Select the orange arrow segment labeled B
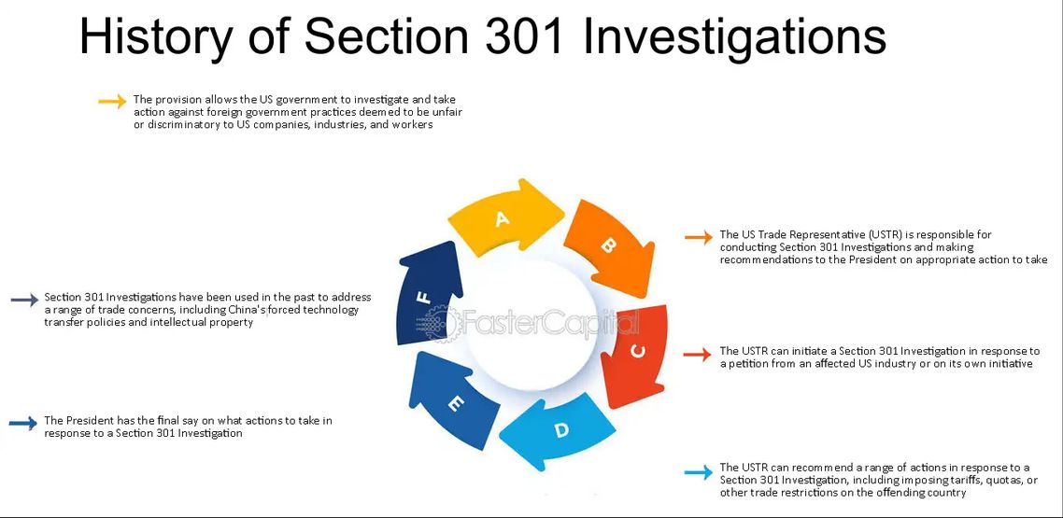[x=609, y=245]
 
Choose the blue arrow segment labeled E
[x=453, y=401]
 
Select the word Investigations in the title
[x=734, y=37]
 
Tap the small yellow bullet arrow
[x=112, y=102]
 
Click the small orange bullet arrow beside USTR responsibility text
[x=699, y=237]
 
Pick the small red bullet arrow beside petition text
[x=697, y=354]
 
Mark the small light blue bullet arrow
[x=699, y=472]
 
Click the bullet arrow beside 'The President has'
[x=23, y=423]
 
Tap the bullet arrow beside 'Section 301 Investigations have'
[x=25, y=300]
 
